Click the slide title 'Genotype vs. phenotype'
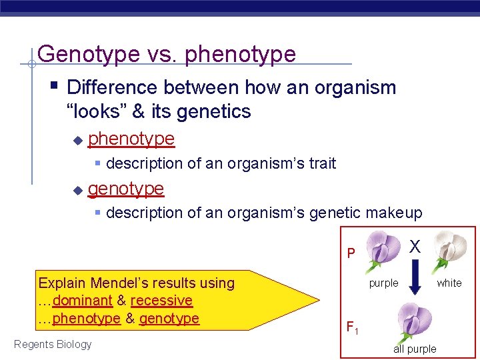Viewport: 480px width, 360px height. point(167,53)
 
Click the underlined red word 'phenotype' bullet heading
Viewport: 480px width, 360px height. point(131,139)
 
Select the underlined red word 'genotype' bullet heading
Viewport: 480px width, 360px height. point(126,189)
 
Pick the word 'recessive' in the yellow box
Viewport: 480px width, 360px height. point(161,301)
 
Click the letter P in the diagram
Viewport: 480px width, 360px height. point(351,253)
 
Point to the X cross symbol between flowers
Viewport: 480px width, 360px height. point(415,247)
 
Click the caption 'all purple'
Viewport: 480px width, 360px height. point(415,349)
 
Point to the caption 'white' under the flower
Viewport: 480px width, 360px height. point(449,283)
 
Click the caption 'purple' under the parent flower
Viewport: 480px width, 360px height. point(383,283)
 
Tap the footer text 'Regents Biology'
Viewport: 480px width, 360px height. point(53,344)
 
